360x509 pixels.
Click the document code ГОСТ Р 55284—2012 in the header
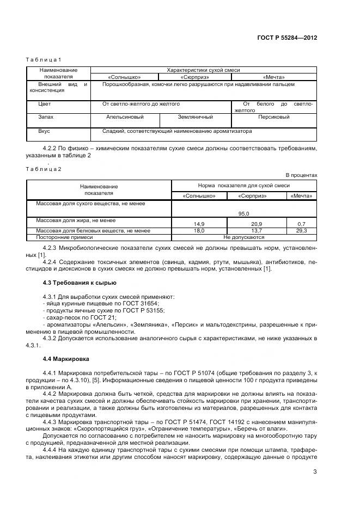(x=287, y=38)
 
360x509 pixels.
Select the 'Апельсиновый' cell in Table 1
(x=125, y=117)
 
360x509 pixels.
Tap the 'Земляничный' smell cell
(x=195, y=117)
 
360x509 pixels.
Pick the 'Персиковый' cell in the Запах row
(x=273, y=117)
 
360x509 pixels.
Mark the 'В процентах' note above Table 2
(x=301, y=175)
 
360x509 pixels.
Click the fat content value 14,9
(x=199, y=224)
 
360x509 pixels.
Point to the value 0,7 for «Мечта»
(x=302, y=224)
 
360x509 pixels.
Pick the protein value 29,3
(x=302, y=231)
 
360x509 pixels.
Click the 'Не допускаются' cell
(x=243, y=237)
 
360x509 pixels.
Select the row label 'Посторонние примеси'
(x=60, y=237)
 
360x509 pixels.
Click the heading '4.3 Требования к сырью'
(x=79, y=283)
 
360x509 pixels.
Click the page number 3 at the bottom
(x=315, y=473)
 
